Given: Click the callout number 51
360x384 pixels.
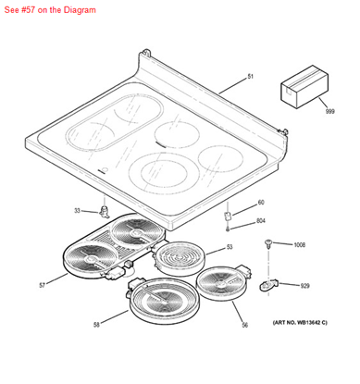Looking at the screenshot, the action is coord(250,76).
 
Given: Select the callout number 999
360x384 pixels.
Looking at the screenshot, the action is coord(330,111).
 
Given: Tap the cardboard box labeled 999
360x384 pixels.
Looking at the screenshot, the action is coord(304,87).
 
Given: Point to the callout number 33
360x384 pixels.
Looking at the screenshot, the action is coord(77,211).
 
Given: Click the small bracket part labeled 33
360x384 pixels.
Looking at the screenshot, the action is coord(105,212).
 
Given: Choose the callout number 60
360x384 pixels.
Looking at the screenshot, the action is coord(261,203).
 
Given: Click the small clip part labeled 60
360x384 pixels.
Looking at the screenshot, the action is coord(228,216).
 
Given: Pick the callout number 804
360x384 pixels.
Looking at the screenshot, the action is coord(261,221).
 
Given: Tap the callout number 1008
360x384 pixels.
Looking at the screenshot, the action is coord(299,245).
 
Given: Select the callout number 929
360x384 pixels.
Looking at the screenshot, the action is coord(304,286).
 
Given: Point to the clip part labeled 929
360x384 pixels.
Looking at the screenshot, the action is coord(268,285).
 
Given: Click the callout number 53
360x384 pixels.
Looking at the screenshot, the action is coord(230,247).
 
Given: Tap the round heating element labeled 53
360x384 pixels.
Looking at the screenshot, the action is coord(180,258).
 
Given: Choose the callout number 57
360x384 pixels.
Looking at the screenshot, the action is coord(43,286).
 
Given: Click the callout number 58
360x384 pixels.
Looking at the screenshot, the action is coord(96,325).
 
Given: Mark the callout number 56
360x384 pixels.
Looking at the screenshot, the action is coord(245,325).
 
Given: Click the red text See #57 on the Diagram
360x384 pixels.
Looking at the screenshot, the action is coord(50,10).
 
